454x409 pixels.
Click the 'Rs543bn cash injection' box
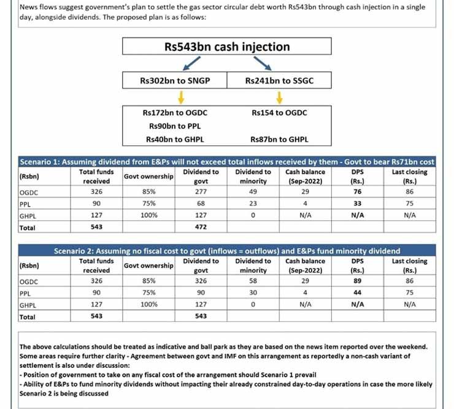point(226,47)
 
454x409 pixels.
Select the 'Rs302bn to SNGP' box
point(174,80)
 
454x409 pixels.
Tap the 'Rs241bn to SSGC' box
point(279,80)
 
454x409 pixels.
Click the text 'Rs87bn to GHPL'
point(279,139)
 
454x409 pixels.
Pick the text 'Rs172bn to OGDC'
point(174,113)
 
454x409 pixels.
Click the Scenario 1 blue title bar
point(227,162)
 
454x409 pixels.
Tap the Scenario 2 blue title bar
point(227,251)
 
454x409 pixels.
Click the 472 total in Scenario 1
point(201,227)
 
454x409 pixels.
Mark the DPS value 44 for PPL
point(358,293)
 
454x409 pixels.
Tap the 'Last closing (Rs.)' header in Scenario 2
point(410,266)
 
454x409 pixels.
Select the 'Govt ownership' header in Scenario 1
point(148,177)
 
